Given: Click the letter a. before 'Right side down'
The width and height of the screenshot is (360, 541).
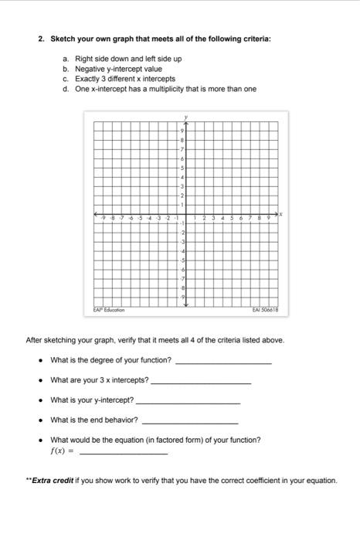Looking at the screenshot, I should (66, 59).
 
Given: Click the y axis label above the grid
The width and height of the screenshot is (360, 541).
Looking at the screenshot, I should (185, 117).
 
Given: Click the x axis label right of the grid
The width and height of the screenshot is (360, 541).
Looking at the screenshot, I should (281, 214).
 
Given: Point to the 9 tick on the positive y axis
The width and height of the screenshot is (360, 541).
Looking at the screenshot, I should (182, 131).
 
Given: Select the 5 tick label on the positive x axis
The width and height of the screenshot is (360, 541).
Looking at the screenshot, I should (232, 219).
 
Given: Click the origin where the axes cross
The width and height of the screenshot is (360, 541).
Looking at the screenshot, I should (185, 215).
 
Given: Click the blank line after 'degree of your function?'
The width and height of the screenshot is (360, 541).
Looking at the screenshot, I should (223, 362).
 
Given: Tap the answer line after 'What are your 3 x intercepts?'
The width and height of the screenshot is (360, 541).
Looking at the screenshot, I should (201, 382).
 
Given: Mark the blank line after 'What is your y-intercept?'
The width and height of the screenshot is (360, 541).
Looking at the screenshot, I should (188, 402).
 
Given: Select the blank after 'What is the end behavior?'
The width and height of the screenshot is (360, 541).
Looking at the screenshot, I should (190, 422).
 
